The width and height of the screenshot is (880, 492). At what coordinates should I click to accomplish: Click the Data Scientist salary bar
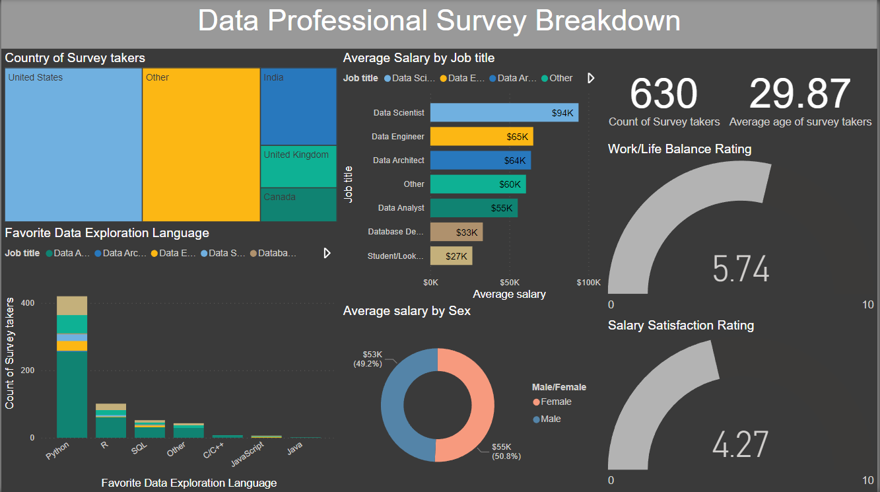[x=504, y=112]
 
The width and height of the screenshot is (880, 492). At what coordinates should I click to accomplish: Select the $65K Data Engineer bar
[x=481, y=137]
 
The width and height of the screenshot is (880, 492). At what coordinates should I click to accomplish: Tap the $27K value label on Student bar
[x=456, y=256]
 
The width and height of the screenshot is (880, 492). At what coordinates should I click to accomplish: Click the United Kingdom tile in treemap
[x=298, y=166]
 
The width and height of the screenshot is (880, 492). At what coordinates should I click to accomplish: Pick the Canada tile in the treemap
[x=298, y=205]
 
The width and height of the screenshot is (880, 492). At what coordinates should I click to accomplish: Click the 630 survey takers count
[x=663, y=94]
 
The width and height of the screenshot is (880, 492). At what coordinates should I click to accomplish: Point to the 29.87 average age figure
[x=799, y=94]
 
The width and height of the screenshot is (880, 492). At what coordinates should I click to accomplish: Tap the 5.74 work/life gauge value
[x=741, y=269]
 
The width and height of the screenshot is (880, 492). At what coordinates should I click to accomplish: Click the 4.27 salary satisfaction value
[x=741, y=444]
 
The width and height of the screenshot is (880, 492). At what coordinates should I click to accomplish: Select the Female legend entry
[x=555, y=402]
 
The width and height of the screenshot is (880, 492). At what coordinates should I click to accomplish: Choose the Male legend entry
[x=551, y=419]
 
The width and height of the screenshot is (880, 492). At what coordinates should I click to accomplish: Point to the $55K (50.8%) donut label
[x=506, y=452]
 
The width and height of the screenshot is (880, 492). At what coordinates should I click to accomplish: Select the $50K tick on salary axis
[x=509, y=283]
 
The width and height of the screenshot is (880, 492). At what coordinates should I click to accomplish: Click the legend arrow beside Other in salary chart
[x=591, y=78]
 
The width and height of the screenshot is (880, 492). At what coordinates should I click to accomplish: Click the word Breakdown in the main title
[x=607, y=21]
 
